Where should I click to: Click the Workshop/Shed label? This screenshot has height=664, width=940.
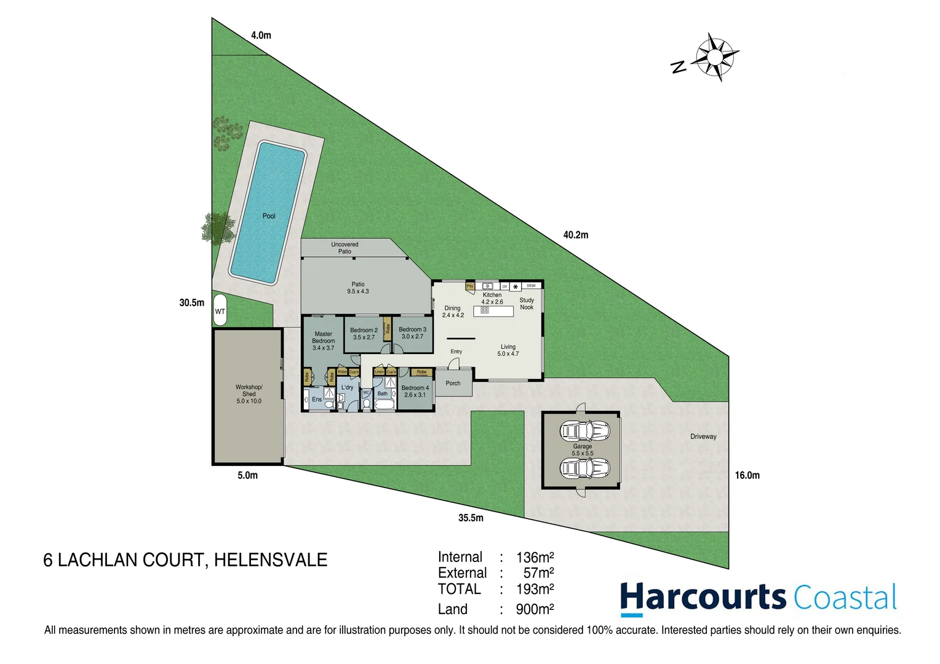tap(249, 394)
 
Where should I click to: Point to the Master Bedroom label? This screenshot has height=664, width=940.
tap(323, 341)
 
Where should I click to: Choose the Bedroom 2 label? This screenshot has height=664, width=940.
tap(364, 334)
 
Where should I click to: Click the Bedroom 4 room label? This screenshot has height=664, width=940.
tap(415, 392)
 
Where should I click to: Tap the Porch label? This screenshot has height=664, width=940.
tap(453, 384)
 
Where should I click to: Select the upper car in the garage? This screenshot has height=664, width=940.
tap(584, 430)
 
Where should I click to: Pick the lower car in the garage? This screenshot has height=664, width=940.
tap(584, 468)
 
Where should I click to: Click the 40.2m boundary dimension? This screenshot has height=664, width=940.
tap(575, 235)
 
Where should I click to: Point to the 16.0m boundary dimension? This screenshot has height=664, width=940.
tap(747, 475)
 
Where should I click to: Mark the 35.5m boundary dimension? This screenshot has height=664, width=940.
tap(471, 518)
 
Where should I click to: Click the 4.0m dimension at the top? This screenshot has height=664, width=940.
tap(261, 36)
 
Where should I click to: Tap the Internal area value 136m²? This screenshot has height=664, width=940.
tap(535, 558)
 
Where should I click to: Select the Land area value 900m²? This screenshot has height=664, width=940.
tap(535, 609)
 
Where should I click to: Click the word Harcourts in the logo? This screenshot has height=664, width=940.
tap(702, 598)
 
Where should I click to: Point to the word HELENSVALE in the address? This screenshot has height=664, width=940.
tap(271, 560)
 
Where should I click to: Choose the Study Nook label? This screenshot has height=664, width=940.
tap(527, 304)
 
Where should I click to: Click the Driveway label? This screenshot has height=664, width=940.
tap(703, 437)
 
